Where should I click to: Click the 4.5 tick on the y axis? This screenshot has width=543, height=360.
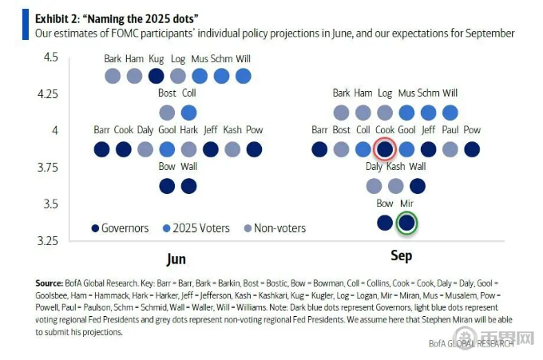click(51, 57)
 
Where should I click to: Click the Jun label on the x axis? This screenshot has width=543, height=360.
click(176, 259)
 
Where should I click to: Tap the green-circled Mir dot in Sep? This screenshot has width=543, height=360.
click(406, 223)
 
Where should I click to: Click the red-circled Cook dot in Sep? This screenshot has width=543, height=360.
click(385, 148)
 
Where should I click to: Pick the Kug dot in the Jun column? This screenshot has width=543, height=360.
click(157, 76)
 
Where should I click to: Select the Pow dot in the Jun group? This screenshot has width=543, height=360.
click(254, 148)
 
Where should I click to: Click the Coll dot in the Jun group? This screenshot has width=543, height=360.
click(188, 113)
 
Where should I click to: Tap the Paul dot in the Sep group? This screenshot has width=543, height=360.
click(450, 148)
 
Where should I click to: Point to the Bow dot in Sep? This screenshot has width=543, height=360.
click(385, 223)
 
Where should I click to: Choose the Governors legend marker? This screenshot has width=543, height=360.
click(96, 228)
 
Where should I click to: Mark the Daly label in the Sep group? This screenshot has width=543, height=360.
click(374, 167)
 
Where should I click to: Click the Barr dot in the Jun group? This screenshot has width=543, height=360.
click(101, 148)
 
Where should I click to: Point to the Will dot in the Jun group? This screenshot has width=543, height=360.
click(244, 76)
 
